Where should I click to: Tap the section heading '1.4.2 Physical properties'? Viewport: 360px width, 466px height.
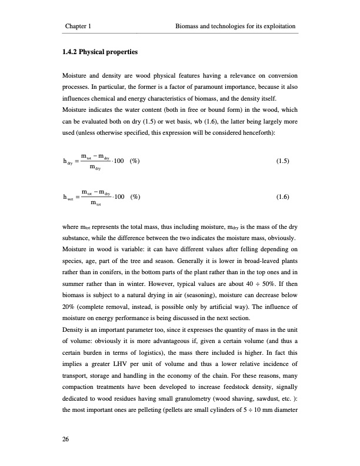pos(99,52)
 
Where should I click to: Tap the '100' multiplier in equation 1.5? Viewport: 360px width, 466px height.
pos(121,161)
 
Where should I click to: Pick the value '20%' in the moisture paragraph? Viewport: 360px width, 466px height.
pos(69,307)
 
